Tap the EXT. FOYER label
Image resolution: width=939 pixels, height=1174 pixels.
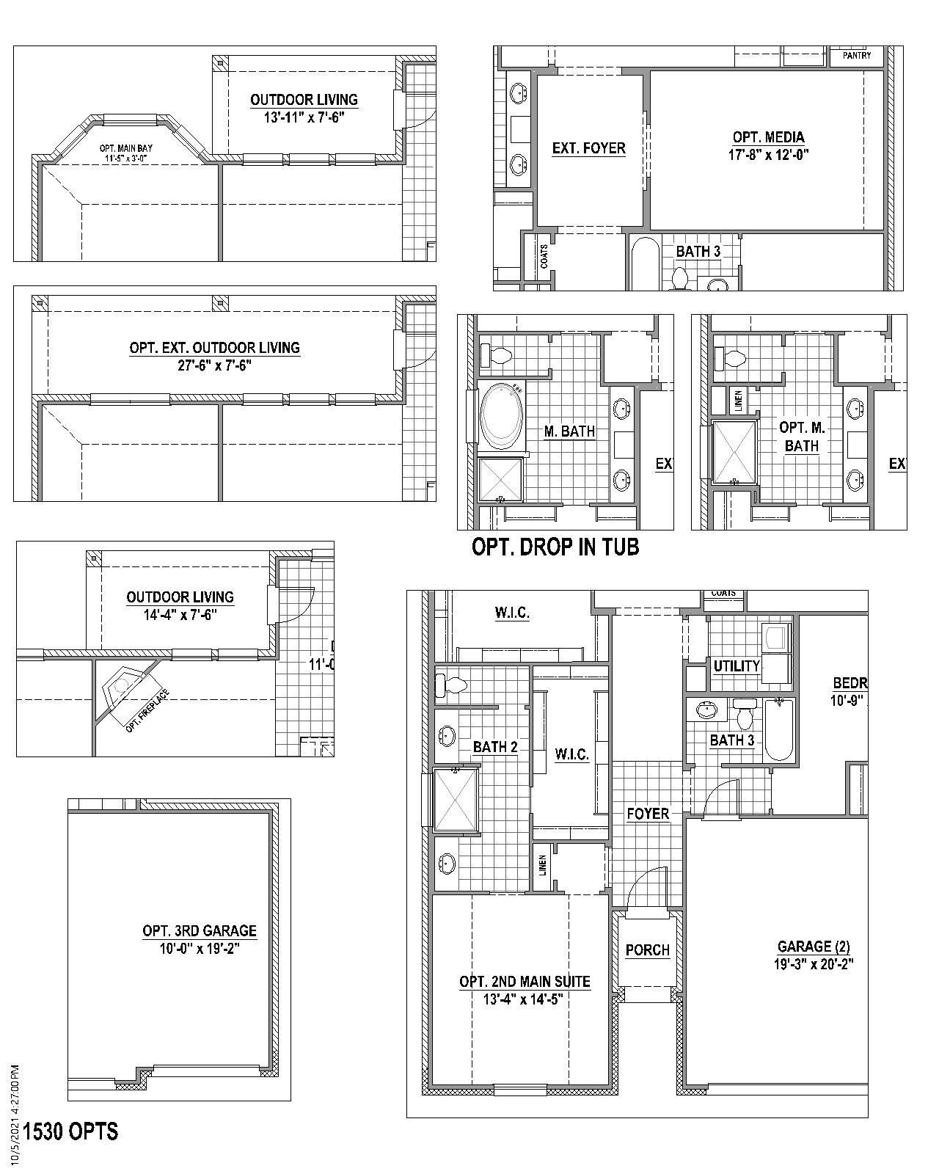(x=588, y=148)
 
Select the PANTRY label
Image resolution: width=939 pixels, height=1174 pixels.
(x=857, y=56)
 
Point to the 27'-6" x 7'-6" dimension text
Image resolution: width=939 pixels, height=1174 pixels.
(x=214, y=365)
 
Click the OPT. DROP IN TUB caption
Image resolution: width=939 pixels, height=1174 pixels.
(x=555, y=547)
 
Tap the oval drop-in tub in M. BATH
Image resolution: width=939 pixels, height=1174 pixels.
(x=503, y=418)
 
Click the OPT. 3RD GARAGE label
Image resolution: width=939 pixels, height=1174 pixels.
(x=200, y=931)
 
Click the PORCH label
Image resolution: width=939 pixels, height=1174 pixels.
(x=647, y=950)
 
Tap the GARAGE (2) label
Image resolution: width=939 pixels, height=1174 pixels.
(x=814, y=947)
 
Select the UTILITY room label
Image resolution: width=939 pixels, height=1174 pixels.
(x=736, y=666)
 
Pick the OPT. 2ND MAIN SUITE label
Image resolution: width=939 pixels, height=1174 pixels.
(x=525, y=982)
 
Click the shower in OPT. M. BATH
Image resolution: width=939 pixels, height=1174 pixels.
(x=735, y=452)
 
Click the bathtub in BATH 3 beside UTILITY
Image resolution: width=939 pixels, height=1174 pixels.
(x=779, y=729)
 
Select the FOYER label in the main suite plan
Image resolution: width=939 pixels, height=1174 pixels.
(x=648, y=814)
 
